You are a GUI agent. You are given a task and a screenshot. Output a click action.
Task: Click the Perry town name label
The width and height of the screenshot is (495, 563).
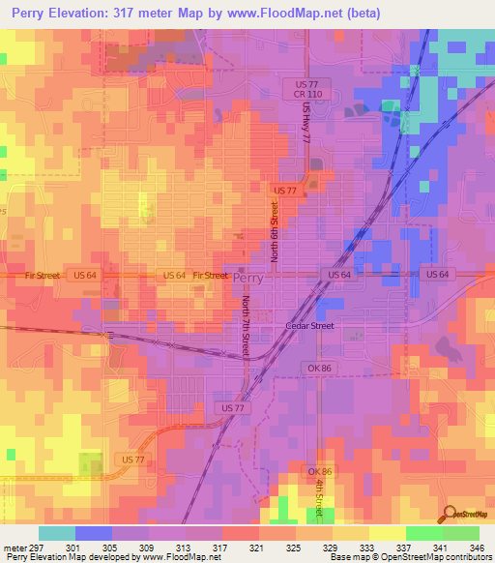click(247, 277)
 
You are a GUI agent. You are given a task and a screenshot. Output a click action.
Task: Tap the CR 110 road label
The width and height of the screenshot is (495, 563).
click(308, 95)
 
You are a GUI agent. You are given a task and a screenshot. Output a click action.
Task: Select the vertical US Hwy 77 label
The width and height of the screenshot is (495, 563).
click(306, 123)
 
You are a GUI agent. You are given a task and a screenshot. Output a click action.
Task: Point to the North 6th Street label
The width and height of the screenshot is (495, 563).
click(275, 230)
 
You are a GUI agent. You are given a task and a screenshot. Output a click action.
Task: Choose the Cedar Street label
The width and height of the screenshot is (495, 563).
click(309, 326)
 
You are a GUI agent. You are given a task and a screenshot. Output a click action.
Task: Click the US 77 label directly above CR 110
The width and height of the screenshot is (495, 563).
click(308, 84)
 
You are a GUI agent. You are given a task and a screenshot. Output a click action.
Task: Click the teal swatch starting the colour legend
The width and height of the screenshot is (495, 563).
click(57, 533)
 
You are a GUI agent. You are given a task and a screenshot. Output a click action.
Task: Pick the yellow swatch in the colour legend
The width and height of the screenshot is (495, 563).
click(388, 533)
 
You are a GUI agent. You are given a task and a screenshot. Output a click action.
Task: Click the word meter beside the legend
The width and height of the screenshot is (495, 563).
click(16, 548)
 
